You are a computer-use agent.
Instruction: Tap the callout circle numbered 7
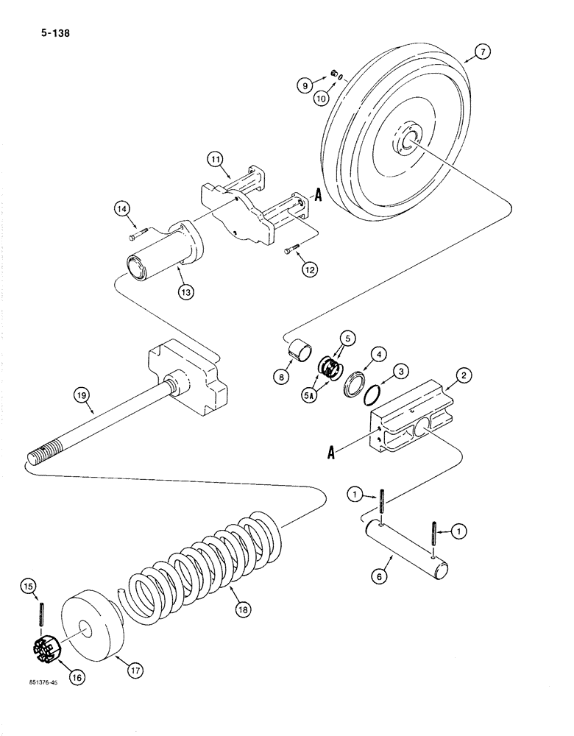[481, 52]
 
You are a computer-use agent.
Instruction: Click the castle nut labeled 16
[47, 648]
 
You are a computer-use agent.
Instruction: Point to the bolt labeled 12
[291, 252]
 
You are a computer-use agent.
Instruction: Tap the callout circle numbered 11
[214, 158]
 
